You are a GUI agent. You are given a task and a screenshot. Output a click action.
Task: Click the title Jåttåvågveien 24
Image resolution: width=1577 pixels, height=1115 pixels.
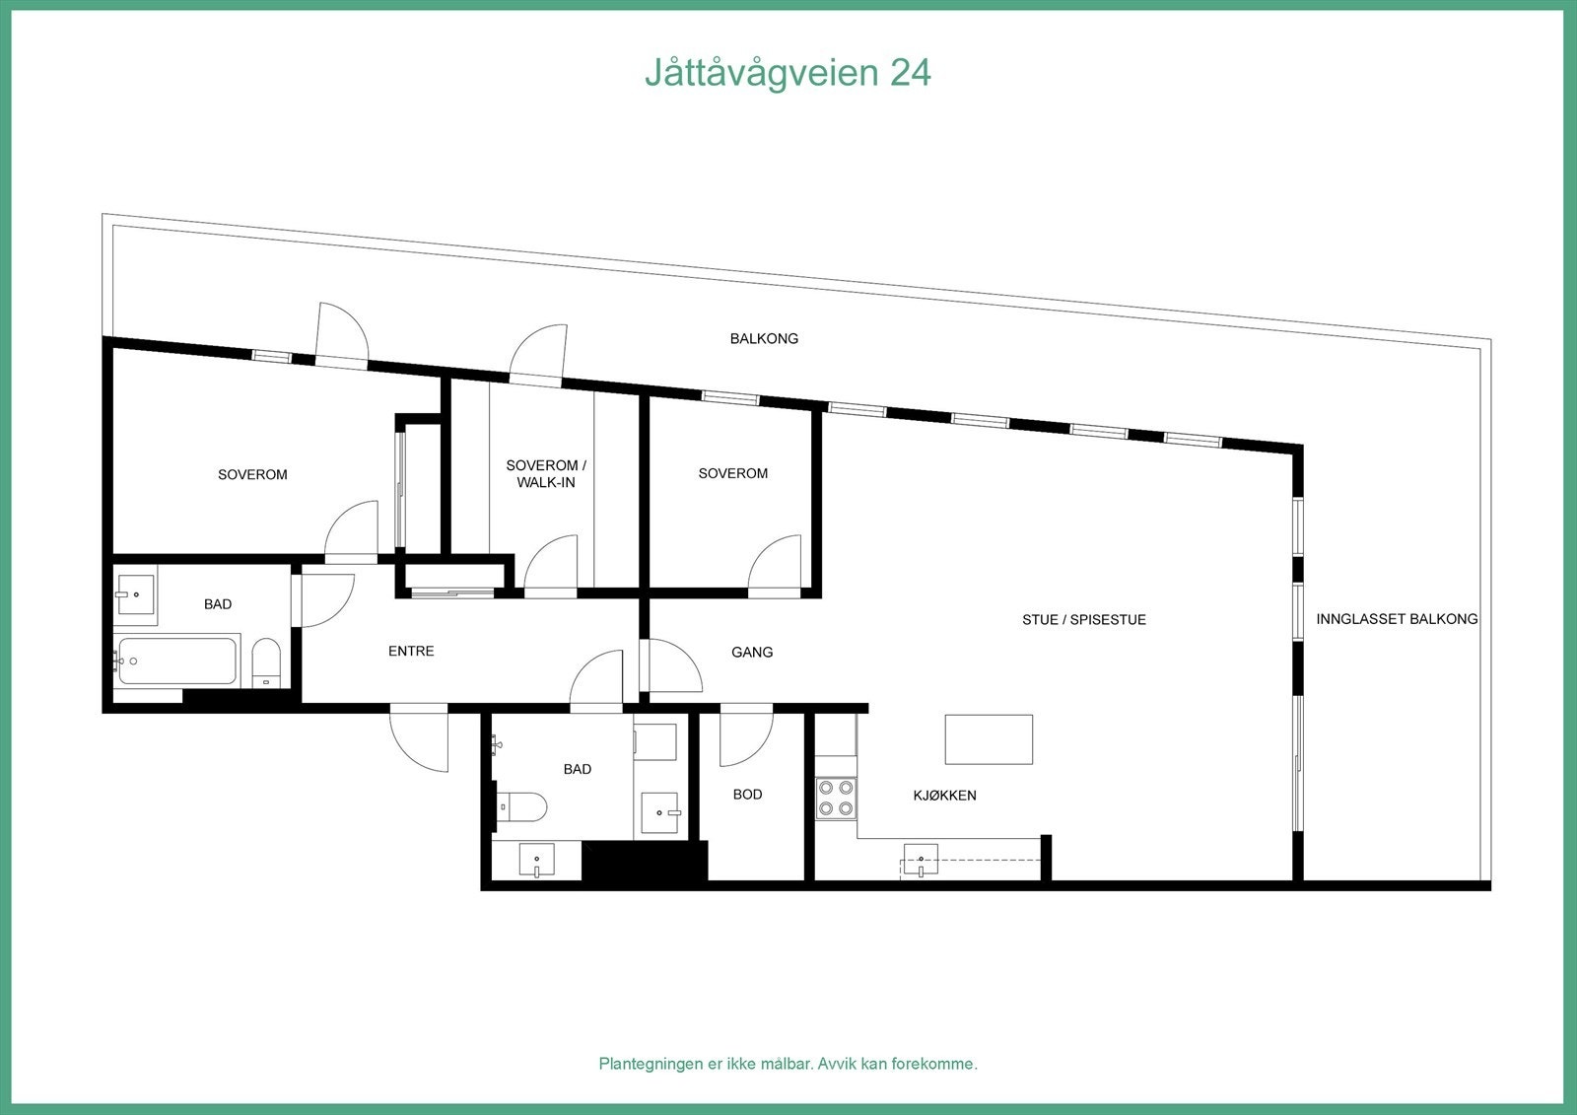point(788,73)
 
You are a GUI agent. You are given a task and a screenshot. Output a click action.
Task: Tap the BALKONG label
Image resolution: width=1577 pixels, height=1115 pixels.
point(764,338)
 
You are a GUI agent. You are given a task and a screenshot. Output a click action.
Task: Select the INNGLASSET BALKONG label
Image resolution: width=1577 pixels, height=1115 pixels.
point(1397,619)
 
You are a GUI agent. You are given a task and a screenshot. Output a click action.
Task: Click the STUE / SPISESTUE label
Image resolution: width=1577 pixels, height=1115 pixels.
point(1084,620)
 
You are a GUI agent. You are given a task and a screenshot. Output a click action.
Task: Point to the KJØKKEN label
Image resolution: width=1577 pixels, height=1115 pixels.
point(944,795)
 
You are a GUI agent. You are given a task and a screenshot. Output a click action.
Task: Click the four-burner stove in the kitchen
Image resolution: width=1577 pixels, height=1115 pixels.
point(836,799)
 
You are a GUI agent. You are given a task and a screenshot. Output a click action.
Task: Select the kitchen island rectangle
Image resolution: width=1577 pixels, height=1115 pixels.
point(989,739)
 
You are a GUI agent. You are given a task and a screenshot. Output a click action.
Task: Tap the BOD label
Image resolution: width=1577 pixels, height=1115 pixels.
point(747,795)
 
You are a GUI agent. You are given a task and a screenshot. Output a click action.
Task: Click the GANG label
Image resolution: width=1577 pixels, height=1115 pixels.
point(752,652)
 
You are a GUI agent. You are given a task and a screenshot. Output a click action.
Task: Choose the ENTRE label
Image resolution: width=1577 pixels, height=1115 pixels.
point(411,651)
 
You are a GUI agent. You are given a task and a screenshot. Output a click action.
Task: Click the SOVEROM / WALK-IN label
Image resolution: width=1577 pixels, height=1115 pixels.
point(546,473)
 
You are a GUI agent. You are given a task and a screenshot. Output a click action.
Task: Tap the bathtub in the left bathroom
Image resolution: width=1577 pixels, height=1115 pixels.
point(176,661)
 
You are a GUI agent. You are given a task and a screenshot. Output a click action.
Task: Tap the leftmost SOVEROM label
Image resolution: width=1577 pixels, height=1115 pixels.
point(252,474)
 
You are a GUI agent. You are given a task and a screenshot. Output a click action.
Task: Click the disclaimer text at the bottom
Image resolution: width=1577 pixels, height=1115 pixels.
point(788,1064)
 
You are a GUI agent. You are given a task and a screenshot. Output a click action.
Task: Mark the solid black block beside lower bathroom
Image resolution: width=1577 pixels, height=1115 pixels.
point(645,861)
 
